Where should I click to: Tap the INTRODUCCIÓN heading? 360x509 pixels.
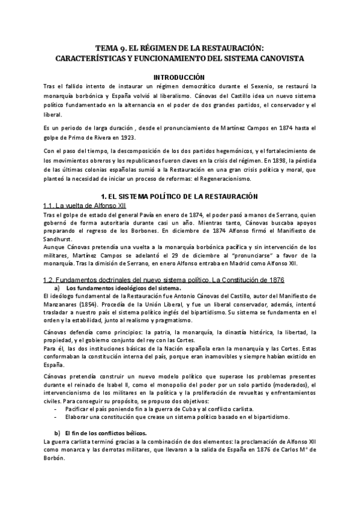point(179,77)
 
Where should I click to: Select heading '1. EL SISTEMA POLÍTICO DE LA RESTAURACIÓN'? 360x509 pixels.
point(179,197)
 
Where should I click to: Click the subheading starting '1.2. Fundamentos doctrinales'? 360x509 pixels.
point(164,280)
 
